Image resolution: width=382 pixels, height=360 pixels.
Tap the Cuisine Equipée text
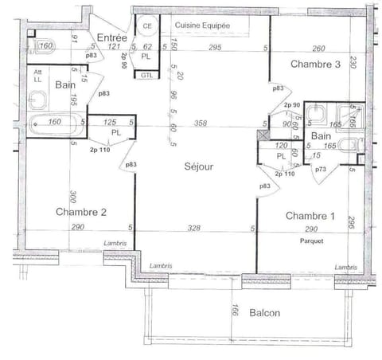tap(203, 26)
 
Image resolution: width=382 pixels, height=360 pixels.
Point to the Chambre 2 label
tap(81, 212)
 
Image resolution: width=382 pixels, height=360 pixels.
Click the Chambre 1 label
tap(310, 216)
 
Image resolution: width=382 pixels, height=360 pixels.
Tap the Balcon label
tap(264, 313)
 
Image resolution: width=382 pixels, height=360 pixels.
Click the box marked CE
tap(147, 26)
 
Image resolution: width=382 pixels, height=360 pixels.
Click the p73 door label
tap(321, 170)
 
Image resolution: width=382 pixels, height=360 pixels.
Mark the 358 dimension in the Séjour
tap(201, 123)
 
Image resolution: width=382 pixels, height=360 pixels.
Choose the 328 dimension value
tap(193, 229)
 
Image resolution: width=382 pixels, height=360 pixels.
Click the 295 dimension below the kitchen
tap(215, 48)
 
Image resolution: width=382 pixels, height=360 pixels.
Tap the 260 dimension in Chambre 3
tap(318, 48)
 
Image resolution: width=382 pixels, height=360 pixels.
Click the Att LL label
tap(37, 76)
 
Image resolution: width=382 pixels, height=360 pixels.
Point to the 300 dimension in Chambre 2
tap(72, 198)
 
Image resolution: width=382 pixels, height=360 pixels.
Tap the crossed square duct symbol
tap(263, 136)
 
